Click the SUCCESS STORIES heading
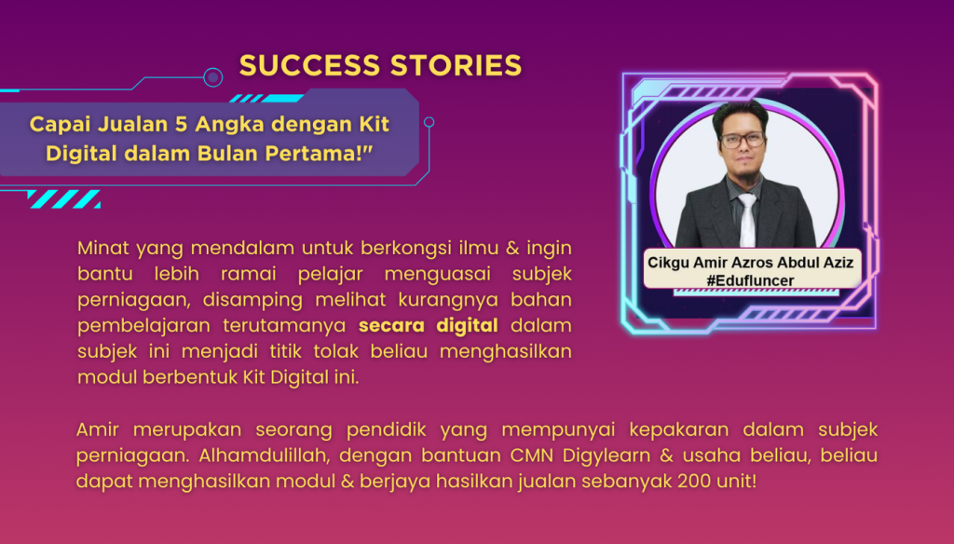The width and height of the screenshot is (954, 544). click(380, 65)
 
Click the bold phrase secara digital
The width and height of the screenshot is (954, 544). click(429, 325)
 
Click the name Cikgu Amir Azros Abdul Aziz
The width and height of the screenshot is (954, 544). click(750, 263)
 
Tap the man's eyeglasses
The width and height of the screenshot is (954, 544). click(742, 141)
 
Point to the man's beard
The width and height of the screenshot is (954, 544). click(743, 171)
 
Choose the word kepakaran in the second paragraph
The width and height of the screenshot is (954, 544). click(682, 429)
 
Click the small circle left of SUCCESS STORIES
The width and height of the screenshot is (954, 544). click(212, 77)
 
